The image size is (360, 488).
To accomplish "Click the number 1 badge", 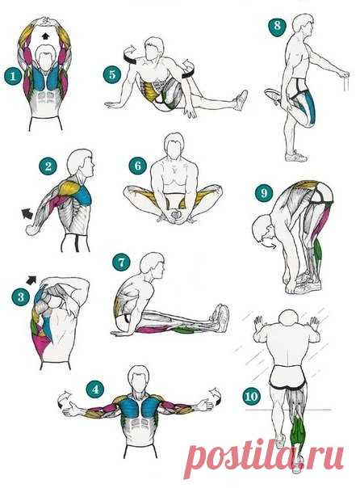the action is pos(13,76).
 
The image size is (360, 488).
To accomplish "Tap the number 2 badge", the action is pos(48,166).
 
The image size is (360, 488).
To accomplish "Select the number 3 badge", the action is pos(21,297).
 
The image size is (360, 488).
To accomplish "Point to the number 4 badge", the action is pos(95,389).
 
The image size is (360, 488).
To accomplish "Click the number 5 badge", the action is pos(112,74).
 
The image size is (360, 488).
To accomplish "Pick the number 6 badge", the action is pos(138,166).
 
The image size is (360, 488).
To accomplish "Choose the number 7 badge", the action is pos(121,262).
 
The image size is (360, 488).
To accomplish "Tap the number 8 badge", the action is pos(277,26).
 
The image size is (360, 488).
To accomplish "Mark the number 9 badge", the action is pos(264,193).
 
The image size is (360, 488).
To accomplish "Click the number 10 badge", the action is pos(251,397).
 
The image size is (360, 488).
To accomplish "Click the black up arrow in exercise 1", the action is pos(45,36).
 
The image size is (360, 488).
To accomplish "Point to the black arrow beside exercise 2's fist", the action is pos(27,214).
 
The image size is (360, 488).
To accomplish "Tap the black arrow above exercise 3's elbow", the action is pos(31,280).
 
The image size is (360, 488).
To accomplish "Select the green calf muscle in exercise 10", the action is pos(298,432).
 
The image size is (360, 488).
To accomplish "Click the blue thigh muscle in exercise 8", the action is pos(310,107).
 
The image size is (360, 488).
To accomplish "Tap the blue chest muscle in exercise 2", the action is pos(82,196).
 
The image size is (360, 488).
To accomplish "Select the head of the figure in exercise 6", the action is pos(174,147).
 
